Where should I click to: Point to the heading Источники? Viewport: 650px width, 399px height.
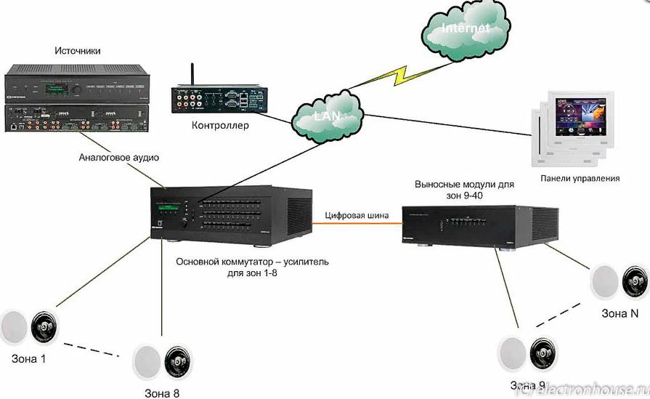coord(77,50)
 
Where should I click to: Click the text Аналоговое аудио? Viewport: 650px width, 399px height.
coord(118,158)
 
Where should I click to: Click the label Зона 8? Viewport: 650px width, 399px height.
coord(162,393)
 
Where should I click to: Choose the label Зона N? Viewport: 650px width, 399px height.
coord(619,314)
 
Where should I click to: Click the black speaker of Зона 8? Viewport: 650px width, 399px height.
coord(178,361)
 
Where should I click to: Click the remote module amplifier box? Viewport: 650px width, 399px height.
coord(480,227)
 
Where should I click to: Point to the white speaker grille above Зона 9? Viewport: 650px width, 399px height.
coord(512,355)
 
